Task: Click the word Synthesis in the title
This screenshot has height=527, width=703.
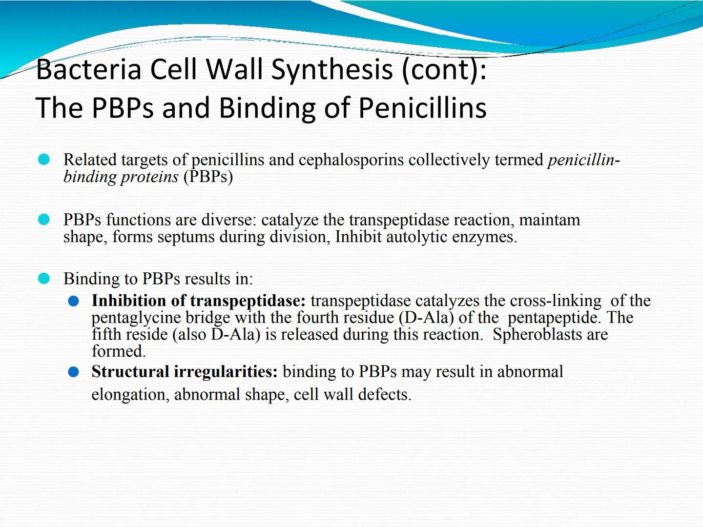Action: point(331,69)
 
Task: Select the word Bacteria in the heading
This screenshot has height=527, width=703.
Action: point(88,69)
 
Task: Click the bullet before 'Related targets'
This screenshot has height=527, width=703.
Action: point(44,160)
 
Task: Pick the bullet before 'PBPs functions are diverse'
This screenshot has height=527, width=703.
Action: point(44,220)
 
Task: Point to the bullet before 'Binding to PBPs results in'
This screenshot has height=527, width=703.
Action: point(44,279)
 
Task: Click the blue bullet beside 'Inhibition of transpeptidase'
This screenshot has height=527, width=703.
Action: point(74,301)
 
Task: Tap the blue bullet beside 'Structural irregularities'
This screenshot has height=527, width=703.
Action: point(74,372)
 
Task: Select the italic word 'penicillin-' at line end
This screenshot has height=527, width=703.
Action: point(584,160)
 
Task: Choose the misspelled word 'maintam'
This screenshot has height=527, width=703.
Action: point(549,220)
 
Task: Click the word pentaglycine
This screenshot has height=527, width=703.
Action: point(136,318)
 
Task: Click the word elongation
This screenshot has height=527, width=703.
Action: point(130,394)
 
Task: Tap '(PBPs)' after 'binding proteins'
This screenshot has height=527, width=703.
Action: point(208,177)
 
